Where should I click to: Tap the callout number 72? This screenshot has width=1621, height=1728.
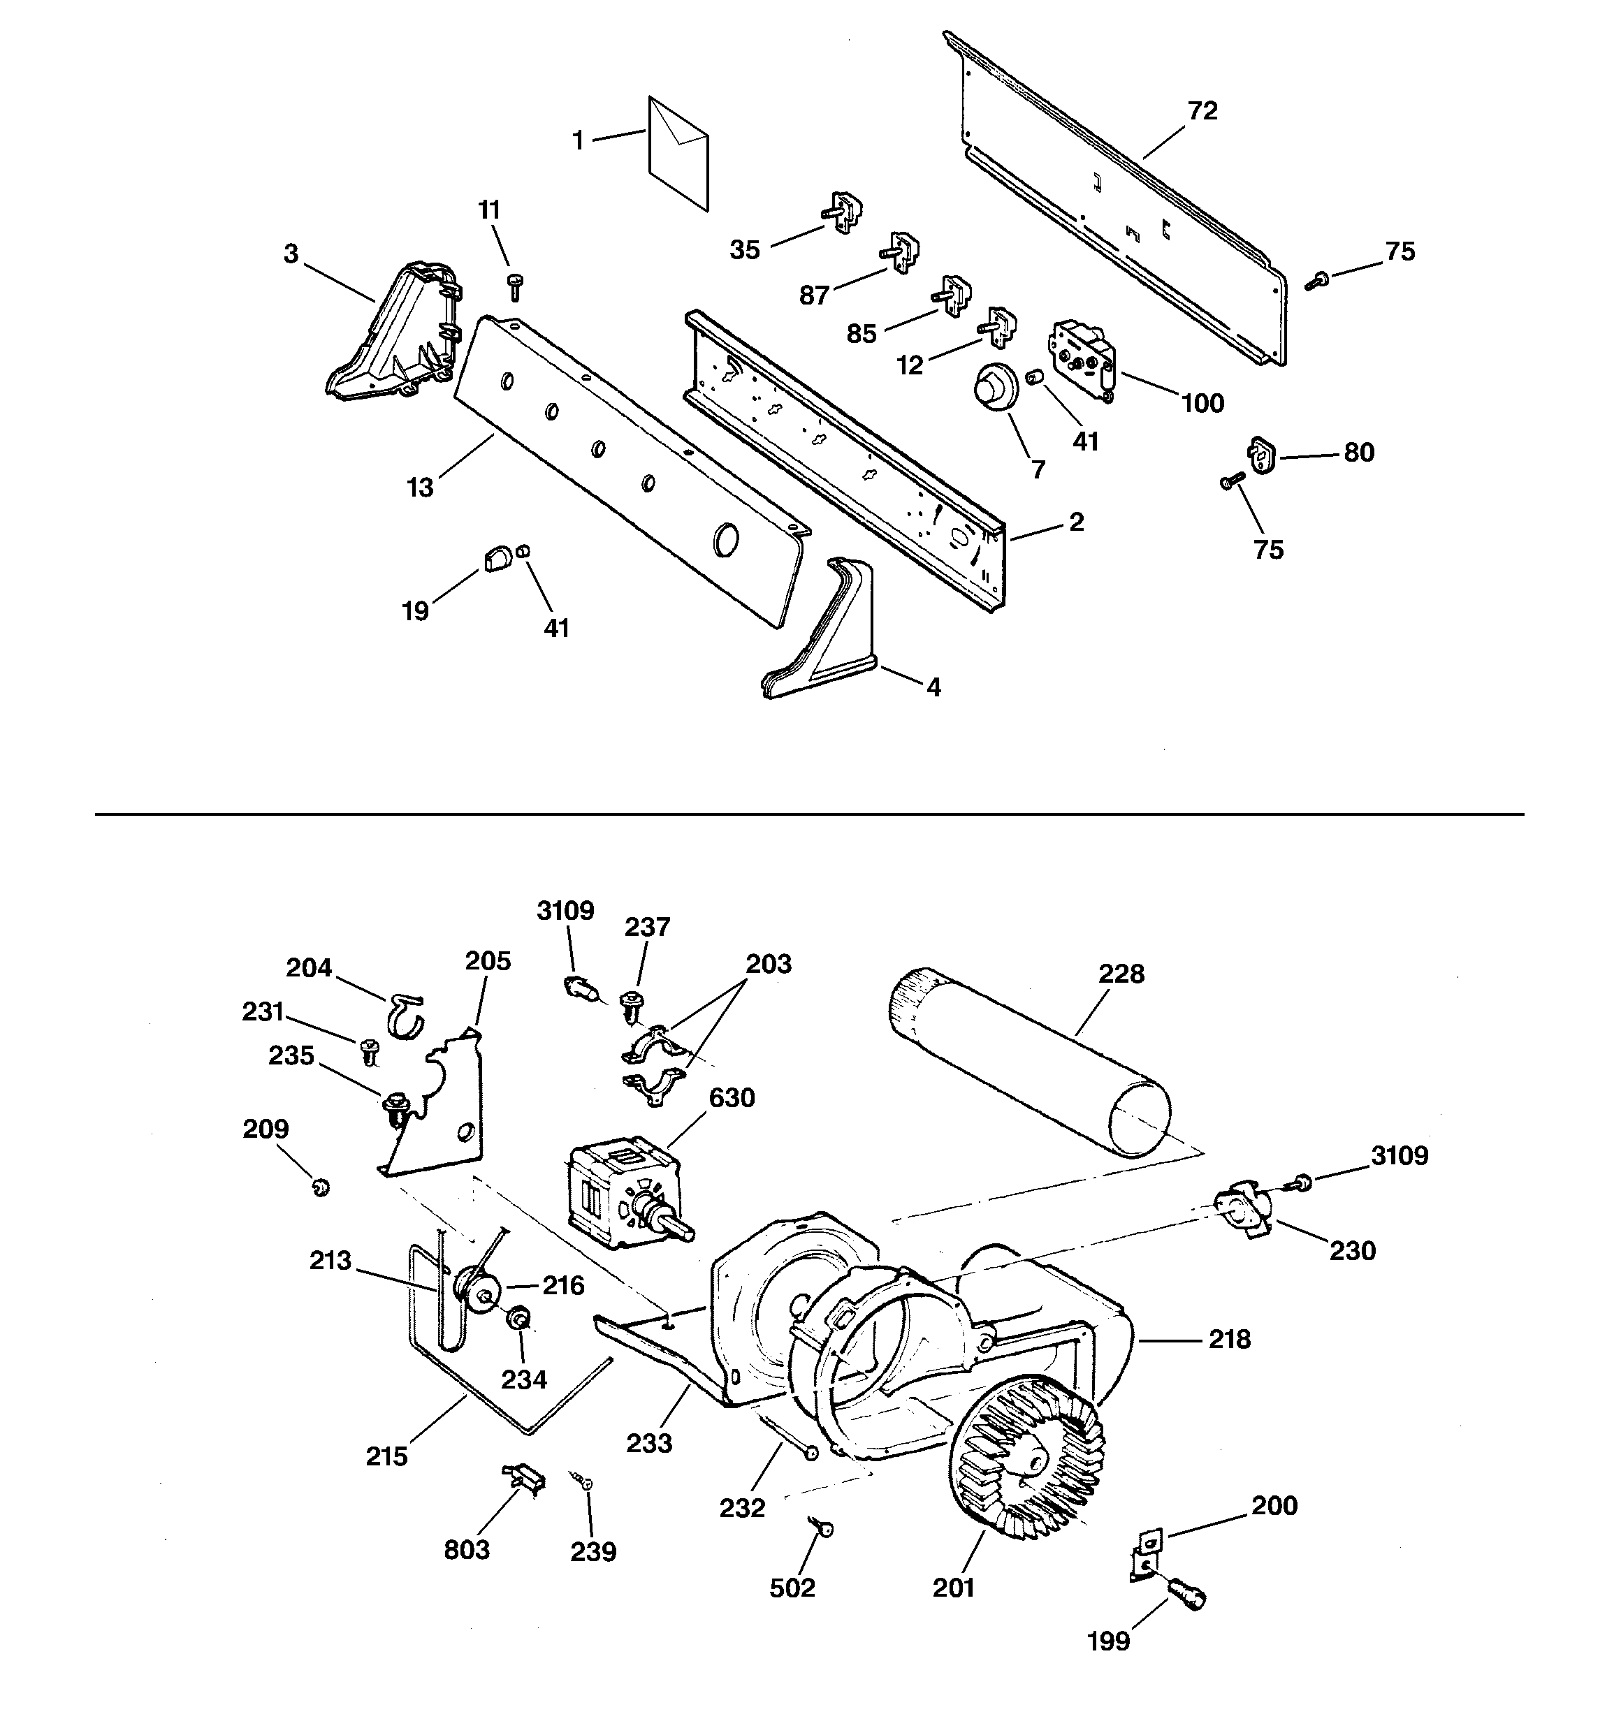point(1202,110)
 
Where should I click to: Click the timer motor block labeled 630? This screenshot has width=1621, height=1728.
point(619,1195)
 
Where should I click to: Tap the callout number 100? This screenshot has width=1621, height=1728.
point(1202,403)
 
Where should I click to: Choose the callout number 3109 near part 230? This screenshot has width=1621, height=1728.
point(1400,1155)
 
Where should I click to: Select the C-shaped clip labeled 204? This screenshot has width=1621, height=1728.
point(405,1016)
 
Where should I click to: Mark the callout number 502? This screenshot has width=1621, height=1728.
point(792,1588)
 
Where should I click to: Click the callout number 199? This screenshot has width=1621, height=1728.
point(1108,1641)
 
